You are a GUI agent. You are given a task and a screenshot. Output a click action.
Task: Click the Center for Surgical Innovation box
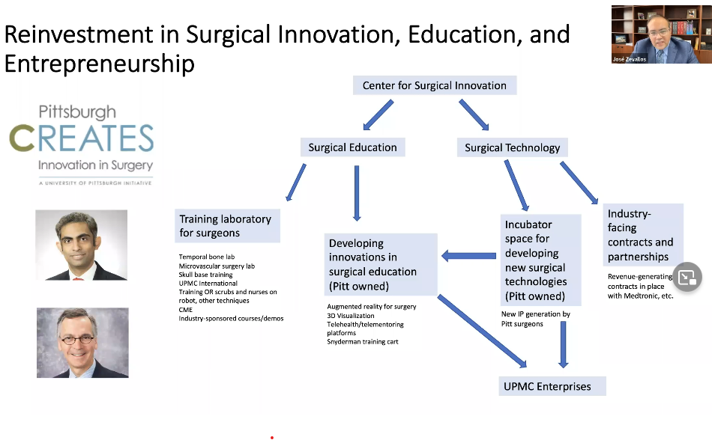[x=435, y=85]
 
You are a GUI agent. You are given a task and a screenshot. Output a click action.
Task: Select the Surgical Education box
[x=352, y=147]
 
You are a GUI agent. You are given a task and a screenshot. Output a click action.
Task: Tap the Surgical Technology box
[x=512, y=147]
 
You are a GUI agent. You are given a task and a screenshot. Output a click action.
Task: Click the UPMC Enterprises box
[x=552, y=386]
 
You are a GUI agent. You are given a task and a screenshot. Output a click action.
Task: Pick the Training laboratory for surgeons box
[x=228, y=226]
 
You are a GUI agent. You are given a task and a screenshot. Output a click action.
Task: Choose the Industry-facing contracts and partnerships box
[x=642, y=235]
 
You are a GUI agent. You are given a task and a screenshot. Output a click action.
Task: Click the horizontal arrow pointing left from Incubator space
[x=468, y=256]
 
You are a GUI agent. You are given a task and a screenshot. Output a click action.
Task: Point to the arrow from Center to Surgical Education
[x=378, y=114]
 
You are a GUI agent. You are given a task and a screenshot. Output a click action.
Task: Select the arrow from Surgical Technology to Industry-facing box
[x=579, y=183]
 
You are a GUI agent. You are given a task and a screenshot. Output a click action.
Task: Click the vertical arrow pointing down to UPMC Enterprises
[x=563, y=344]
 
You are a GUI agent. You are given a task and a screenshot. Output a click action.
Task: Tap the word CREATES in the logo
[x=82, y=138]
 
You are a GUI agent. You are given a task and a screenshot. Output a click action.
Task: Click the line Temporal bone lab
[x=207, y=257]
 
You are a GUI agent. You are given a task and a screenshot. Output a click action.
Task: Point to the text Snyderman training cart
[x=362, y=342]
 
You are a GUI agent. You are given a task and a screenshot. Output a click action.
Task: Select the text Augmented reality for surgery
[x=372, y=306]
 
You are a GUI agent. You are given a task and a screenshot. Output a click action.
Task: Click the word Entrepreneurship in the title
[x=100, y=64]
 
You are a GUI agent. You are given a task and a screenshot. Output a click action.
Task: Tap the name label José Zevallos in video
[x=629, y=59]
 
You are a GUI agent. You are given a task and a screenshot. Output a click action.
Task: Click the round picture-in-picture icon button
[x=687, y=277]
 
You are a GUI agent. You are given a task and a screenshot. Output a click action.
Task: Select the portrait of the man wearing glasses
[x=82, y=343]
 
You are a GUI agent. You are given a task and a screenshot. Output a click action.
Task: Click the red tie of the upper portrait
[x=78, y=278]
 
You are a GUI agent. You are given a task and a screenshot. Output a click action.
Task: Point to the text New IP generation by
[x=535, y=314]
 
